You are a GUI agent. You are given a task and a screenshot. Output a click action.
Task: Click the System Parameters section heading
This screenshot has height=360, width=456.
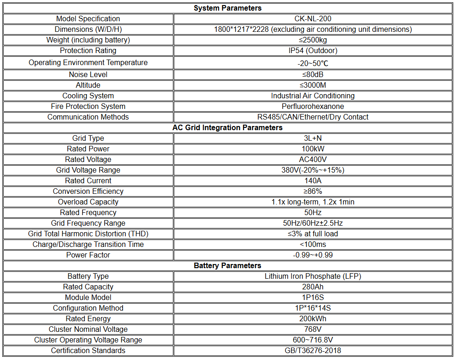227,8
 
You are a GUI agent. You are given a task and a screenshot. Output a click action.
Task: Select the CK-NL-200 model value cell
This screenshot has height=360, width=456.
313,18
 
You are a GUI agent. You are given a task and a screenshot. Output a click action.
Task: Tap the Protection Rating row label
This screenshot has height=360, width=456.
88,50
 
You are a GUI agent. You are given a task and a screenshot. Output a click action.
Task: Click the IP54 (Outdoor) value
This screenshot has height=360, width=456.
313,50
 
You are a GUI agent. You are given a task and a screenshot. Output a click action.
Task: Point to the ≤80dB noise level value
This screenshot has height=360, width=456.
313,74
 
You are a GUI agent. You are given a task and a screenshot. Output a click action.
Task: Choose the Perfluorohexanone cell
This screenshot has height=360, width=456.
313,106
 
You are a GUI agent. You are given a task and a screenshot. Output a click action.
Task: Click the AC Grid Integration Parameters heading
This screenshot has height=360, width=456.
227,127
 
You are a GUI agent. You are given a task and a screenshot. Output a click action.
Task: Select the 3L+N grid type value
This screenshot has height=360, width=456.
313,138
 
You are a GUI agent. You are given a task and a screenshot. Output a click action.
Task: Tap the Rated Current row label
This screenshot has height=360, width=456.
88,180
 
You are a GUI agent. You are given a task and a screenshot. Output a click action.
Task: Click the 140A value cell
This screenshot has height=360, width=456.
313,180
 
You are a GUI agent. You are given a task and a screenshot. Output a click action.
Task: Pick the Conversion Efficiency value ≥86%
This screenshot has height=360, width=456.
313,191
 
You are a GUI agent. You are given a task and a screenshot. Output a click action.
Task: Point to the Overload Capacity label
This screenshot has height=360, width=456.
88,202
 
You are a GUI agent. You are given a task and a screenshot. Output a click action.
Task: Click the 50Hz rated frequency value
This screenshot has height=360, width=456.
313,212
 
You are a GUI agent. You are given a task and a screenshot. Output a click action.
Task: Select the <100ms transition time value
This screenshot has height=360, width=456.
313,244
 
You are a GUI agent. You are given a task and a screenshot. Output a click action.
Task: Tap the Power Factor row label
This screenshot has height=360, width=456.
88,255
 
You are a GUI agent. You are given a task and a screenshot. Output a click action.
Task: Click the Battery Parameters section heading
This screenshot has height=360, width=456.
227,265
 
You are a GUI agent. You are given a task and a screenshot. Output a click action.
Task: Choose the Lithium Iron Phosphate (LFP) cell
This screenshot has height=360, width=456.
313,276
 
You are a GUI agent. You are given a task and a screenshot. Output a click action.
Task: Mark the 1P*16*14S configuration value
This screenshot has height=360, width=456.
313,308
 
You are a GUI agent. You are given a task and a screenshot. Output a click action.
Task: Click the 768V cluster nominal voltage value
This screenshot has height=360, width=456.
313,329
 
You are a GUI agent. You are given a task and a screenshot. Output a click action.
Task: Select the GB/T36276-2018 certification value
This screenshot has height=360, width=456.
313,350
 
